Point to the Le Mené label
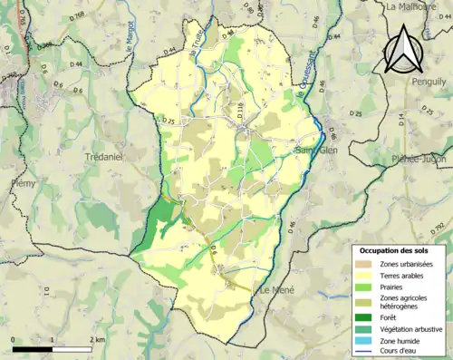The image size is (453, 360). [276, 290]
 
